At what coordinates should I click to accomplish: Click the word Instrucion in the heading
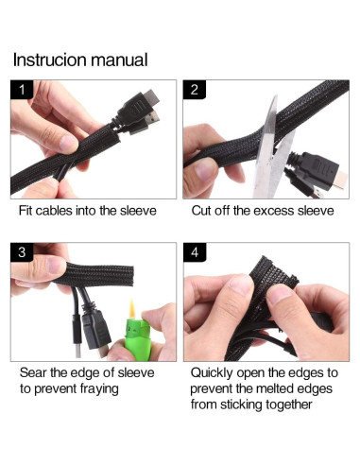(x=50, y=60)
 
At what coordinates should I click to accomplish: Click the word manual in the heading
(x=120, y=60)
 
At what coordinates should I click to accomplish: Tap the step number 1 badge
(x=22, y=90)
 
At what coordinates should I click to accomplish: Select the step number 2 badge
(x=195, y=90)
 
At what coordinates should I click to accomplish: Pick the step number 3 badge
(x=22, y=252)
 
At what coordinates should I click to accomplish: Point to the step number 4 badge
(x=195, y=252)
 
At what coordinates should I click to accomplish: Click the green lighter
(x=138, y=339)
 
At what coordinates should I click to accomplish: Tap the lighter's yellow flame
(x=132, y=309)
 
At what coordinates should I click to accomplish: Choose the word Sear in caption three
(x=33, y=372)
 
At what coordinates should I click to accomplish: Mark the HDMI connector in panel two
(x=318, y=172)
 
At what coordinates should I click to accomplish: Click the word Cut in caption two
(x=201, y=211)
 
